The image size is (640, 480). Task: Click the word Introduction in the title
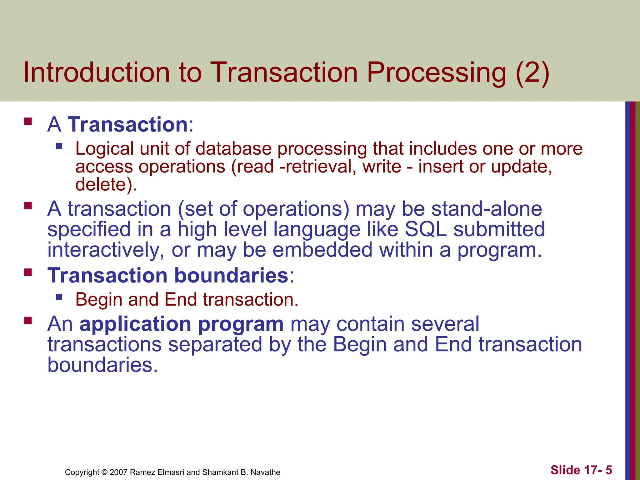(96, 72)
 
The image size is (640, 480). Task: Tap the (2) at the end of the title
(532, 72)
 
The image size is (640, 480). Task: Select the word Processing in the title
(436, 72)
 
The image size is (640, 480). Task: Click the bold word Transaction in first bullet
(127, 124)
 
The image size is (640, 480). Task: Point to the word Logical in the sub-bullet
(104, 148)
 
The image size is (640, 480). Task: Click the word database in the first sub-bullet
(233, 148)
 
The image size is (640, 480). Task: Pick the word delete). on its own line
(106, 184)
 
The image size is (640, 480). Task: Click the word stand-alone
(487, 209)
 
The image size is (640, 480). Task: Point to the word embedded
(322, 250)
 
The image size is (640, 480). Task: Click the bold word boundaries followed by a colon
(231, 275)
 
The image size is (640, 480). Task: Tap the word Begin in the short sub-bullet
(99, 299)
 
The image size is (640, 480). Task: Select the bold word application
(135, 324)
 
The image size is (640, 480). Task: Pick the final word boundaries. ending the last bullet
(102, 365)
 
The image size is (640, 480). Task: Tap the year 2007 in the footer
(118, 472)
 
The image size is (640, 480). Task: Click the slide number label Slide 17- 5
(581, 470)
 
